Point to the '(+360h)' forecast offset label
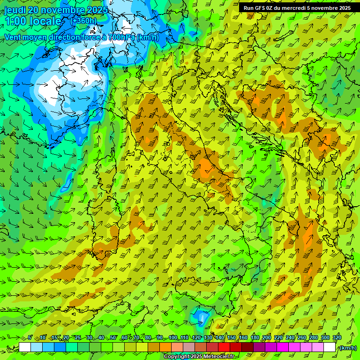tap(83, 21)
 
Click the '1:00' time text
tap(16, 22)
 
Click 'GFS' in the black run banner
tap(260, 8)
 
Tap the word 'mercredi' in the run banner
tap(292, 8)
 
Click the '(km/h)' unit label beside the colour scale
tap(348, 348)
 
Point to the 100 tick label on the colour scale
tap(173, 338)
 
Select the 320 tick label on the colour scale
tap(337, 338)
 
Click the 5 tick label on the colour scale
tap(30, 338)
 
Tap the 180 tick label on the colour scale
tap(255, 338)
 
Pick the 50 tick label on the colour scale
tap(113, 338)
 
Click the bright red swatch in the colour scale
tap(224, 347)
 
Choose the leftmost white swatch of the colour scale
tap(25, 347)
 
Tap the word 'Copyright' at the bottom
tap(176, 357)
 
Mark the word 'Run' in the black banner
tap(248, 8)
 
